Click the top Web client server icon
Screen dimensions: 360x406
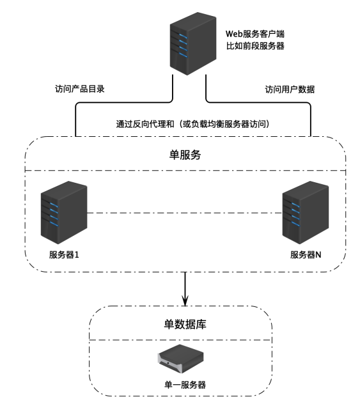coord(193,43)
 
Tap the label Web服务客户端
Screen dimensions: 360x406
coord(255,34)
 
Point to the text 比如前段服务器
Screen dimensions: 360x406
coord(255,46)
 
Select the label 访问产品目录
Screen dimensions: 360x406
coord(80,89)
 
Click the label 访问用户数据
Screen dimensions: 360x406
coord(290,90)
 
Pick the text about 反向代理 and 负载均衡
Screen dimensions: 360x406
coord(193,124)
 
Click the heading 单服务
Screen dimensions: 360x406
coord(185,155)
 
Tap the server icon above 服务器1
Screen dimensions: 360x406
coord(64,212)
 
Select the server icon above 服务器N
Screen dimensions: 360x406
coord(306,212)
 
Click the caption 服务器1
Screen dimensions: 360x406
coord(64,254)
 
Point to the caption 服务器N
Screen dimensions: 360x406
coord(306,254)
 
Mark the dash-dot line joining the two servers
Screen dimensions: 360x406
coord(184,213)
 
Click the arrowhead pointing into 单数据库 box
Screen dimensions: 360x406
coord(185,302)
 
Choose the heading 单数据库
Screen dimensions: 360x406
coord(185,324)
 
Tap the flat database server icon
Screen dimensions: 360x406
coord(181,359)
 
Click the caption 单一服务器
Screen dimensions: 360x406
coord(185,385)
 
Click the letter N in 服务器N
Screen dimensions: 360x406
coord(318,254)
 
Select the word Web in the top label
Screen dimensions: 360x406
coord(234,34)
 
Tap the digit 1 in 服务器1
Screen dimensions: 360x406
coord(77,254)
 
